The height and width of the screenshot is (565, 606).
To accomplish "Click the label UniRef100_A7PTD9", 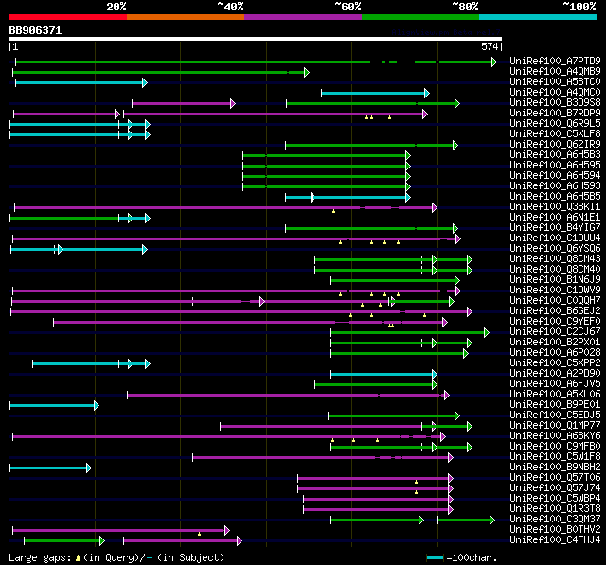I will (x=554, y=62).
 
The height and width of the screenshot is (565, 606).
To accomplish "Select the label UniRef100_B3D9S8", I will (x=554, y=102).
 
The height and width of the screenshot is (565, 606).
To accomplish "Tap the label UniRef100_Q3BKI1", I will (x=554, y=206).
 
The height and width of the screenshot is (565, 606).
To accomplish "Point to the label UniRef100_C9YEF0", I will (x=554, y=321).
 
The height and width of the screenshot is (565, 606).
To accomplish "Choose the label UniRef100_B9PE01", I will (x=554, y=404).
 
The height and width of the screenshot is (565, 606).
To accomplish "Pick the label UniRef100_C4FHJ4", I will (x=554, y=540).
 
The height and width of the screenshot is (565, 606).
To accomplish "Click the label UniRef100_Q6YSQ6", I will (x=554, y=248).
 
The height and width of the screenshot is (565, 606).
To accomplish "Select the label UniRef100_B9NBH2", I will (x=554, y=467).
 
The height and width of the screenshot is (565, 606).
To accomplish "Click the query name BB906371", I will (x=35, y=30).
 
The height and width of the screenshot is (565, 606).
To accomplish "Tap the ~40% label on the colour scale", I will (x=230, y=7).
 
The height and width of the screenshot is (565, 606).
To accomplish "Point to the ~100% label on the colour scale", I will (x=579, y=7).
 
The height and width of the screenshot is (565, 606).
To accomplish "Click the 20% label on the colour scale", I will (x=116, y=7).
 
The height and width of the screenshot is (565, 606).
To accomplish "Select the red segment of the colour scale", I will (x=67, y=17).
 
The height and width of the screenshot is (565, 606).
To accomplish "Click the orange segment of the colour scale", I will (x=185, y=17).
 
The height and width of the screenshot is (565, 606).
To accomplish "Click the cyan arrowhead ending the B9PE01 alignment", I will (x=96, y=405).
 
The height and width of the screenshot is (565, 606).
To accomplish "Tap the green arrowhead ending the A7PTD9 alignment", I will (x=493, y=62).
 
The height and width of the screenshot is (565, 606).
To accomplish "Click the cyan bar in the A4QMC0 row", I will (x=373, y=93).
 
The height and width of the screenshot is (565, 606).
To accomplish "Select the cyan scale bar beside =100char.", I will (x=435, y=557).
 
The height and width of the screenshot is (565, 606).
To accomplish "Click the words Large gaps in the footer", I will (x=37, y=557).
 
